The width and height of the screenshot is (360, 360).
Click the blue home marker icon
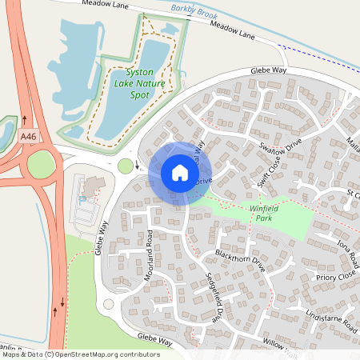pos(179,172)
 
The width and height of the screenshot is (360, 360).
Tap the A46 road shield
pos(29,137)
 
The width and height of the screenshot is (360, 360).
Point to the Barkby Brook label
pos(194,10)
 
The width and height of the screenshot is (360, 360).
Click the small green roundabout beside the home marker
pos(125,166)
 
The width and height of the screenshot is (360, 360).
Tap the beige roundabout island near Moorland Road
pos(108,304)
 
